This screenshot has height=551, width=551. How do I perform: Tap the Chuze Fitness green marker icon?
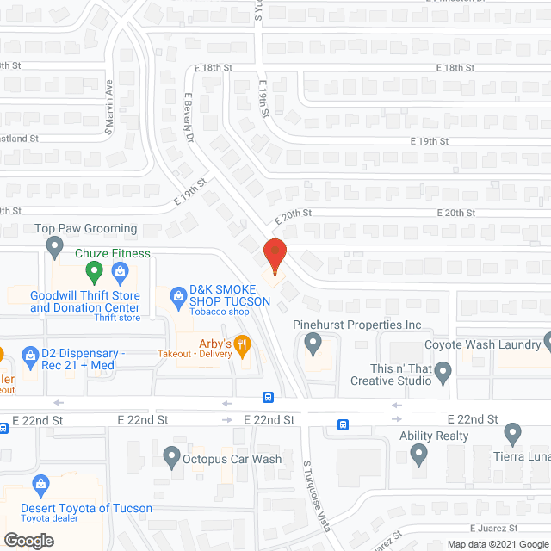pos(95,273)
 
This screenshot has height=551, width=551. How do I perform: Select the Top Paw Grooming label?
pos(85,229)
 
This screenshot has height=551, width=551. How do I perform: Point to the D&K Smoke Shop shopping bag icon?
pos(178,295)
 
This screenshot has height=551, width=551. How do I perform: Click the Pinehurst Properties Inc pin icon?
pos(313,344)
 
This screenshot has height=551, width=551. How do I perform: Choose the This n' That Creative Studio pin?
pos(443,373)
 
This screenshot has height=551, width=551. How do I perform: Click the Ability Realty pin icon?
pos(419,453)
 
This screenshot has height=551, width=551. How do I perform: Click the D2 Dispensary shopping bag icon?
pos(31,354)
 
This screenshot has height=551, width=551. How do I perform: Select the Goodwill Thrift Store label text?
pos(84,300)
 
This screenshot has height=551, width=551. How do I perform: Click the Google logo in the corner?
pos(28,540)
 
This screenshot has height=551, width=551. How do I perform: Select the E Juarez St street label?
pos(492,528)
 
